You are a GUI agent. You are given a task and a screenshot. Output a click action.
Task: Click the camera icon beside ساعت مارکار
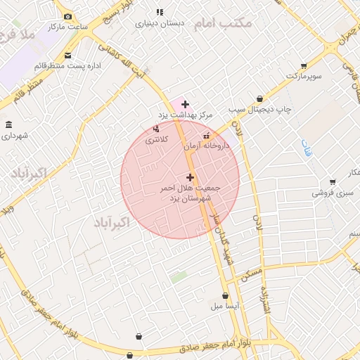67,16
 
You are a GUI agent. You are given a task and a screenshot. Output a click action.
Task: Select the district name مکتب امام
222,24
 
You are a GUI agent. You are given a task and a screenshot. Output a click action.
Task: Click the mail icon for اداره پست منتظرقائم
67,55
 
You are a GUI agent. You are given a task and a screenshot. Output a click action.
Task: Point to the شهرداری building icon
8,125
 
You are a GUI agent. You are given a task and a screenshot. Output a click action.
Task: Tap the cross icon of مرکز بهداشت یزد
185,104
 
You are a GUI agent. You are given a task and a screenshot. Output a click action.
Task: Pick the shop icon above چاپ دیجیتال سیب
261,99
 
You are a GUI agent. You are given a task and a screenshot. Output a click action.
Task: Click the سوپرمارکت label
304,75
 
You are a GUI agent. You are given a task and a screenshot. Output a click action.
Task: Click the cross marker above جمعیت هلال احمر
190,177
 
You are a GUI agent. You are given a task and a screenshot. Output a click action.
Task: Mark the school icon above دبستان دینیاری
160,12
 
